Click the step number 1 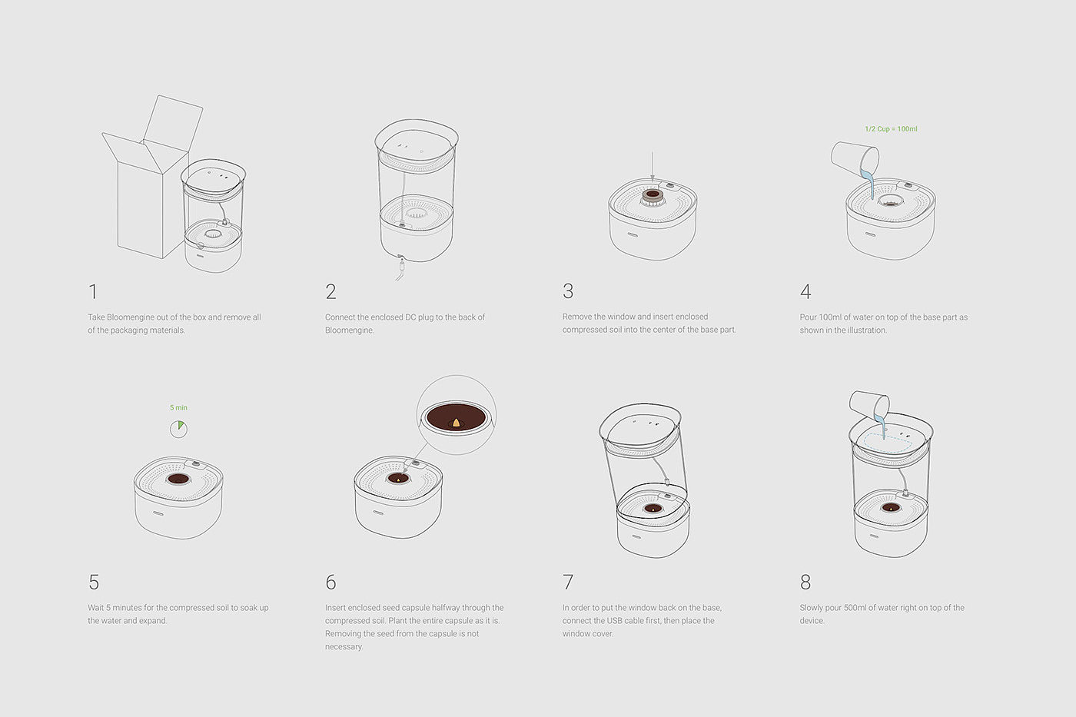93,291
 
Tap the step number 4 805,291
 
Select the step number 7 568,582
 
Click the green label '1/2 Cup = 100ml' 891,128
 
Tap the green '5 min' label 178,408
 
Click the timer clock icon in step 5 178,429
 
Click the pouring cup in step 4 855,159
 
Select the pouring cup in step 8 869,404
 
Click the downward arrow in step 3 653,166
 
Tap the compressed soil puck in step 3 653,196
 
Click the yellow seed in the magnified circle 456,423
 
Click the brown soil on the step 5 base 178,479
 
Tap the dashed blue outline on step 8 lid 888,443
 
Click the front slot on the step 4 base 870,234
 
